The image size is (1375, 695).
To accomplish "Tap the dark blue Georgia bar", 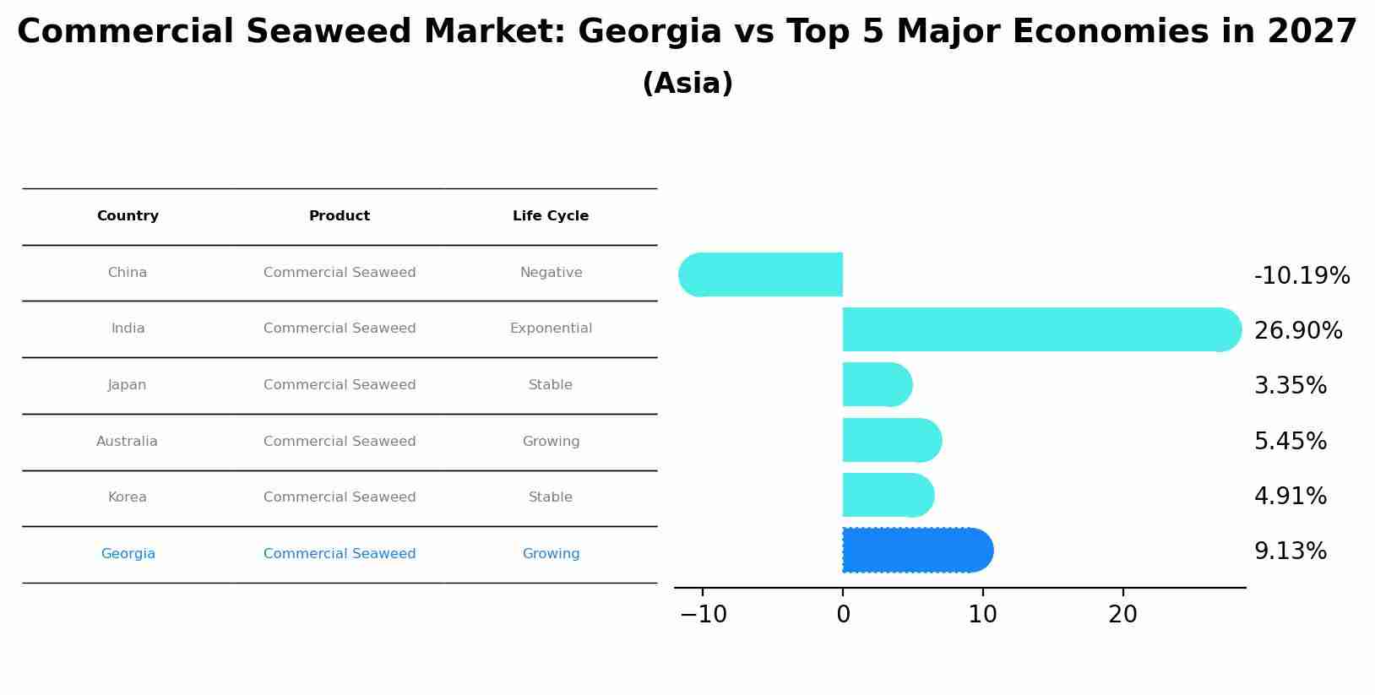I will coord(917,551).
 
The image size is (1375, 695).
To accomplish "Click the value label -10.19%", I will coord(1302,276).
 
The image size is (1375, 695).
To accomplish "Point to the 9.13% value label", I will coord(1290,551).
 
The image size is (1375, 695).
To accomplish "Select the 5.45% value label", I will coord(1290,442).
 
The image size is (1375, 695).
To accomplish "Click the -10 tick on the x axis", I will coord(703,615).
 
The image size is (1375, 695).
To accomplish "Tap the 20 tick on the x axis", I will coord(1122,615).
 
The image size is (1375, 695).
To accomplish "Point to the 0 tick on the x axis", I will coord(843,615).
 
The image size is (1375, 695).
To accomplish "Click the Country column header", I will coord(128,216).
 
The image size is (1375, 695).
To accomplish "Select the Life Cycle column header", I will coord(551,216).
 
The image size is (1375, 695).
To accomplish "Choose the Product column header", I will coord(340,216).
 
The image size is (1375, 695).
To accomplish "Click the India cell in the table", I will coord(128,328).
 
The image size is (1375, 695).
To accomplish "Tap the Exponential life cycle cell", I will coord(551,328).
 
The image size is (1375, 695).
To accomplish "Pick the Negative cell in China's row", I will coord(551,273).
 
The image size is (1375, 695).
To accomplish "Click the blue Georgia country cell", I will coord(128,554).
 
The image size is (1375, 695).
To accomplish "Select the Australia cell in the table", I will coord(127,442).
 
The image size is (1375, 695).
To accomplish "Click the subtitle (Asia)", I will coord(687,84).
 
